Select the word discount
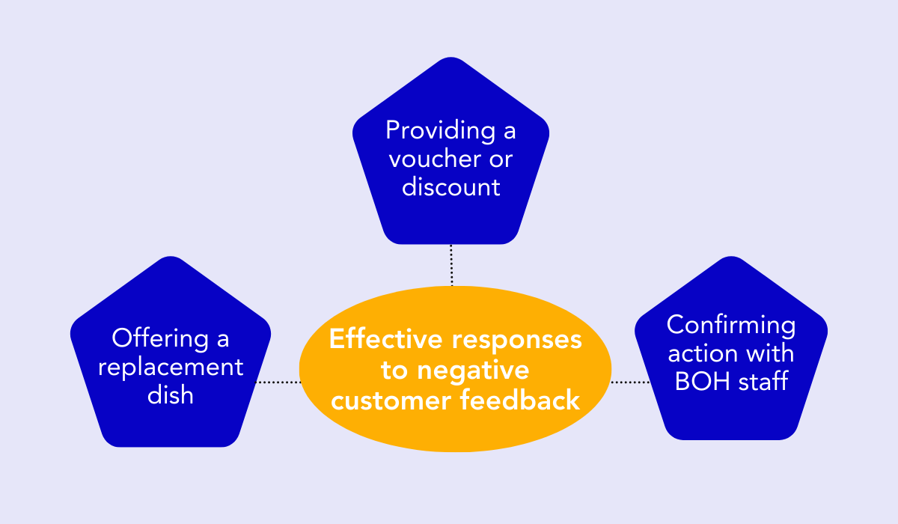click(450, 186)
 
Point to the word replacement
click(171, 367)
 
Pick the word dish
click(171, 394)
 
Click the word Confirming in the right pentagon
click(731, 326)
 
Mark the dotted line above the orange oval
click(452, 265)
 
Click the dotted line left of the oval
click(278, 382)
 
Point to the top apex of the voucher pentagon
click(450, 58)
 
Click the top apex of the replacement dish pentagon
click(171, 258)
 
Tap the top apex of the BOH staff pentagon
click(731, 258)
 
